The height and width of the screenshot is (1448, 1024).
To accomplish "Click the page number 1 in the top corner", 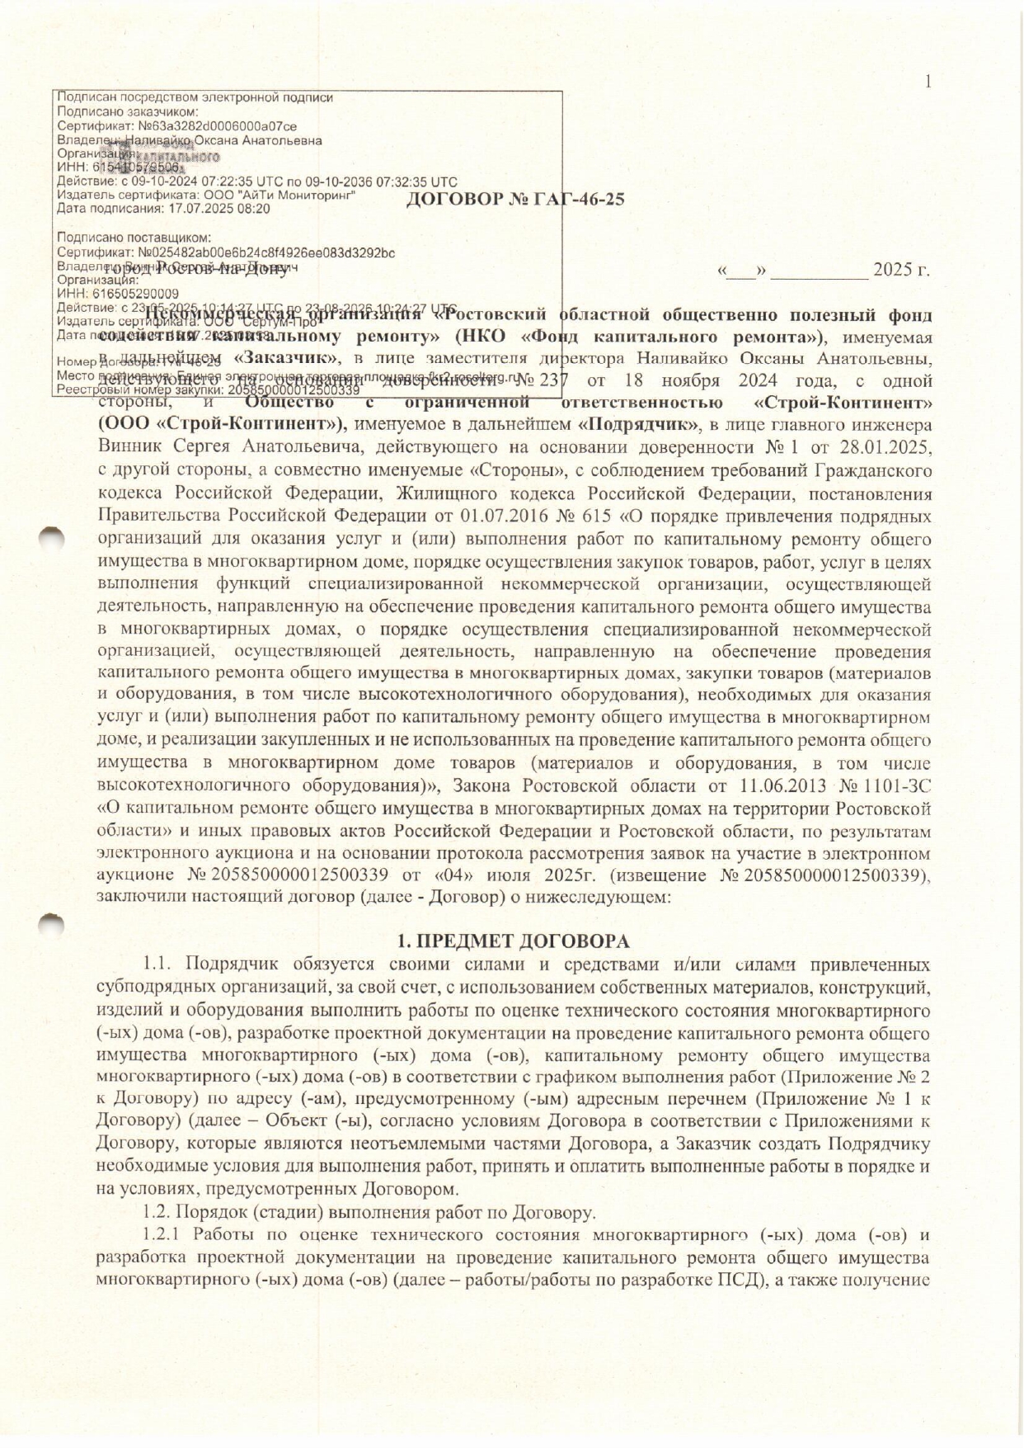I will pyautogui.click(x=928, y=81).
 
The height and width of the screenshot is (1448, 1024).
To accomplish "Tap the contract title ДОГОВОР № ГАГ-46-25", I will pyautogui.click(x=515, y=200).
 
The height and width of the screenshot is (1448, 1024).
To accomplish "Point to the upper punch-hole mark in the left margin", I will pyautogui.click(x=52, y=535).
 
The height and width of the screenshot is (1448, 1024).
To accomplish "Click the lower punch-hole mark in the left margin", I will pyautogui.click(x=52, y=923).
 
